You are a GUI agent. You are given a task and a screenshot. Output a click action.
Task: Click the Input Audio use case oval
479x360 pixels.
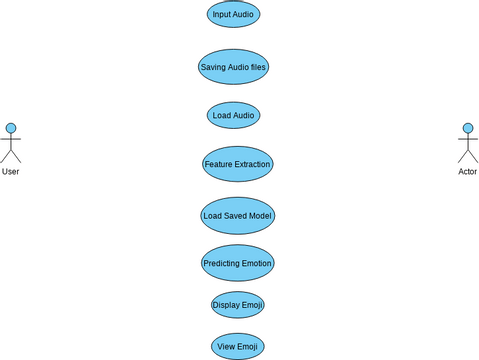tap(233, 14)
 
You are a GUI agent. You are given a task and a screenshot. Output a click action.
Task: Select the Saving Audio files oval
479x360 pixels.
tap(233, 67)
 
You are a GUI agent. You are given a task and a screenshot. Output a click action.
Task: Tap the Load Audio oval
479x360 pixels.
tap(233, 115)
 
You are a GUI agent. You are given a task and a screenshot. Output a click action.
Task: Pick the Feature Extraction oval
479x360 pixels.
tap(237, 164)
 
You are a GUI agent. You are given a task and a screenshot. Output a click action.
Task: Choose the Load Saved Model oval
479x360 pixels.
tap(237, 215)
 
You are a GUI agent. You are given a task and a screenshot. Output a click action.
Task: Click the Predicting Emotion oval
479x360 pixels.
tap(237, 263)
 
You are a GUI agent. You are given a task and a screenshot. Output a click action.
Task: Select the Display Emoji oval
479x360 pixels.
tap(238, 305)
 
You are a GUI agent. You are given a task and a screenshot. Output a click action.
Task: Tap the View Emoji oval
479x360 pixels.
tap(238, 346)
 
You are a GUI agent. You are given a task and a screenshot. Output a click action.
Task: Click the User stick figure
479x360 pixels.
tap(11, 144)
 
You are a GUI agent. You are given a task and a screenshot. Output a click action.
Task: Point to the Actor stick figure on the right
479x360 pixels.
tap(467, 144)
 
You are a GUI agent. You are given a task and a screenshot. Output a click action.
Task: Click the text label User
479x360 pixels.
tap(11, 172)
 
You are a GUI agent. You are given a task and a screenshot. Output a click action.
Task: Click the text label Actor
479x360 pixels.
tap(467, 172)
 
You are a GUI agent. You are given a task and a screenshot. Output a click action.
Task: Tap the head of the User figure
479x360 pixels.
tap(11, 128)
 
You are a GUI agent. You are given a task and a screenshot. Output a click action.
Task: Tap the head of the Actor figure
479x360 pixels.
tap(467, 128)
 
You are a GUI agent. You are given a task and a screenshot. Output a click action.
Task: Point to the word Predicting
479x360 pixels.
tap(221, 263)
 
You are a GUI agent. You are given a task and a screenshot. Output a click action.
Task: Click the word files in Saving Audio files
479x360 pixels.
tap(259, 67)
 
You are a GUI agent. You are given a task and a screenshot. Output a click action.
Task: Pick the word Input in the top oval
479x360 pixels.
tap(221, 14)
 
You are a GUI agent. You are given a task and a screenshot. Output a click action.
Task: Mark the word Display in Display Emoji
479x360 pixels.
tap(227, 305)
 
